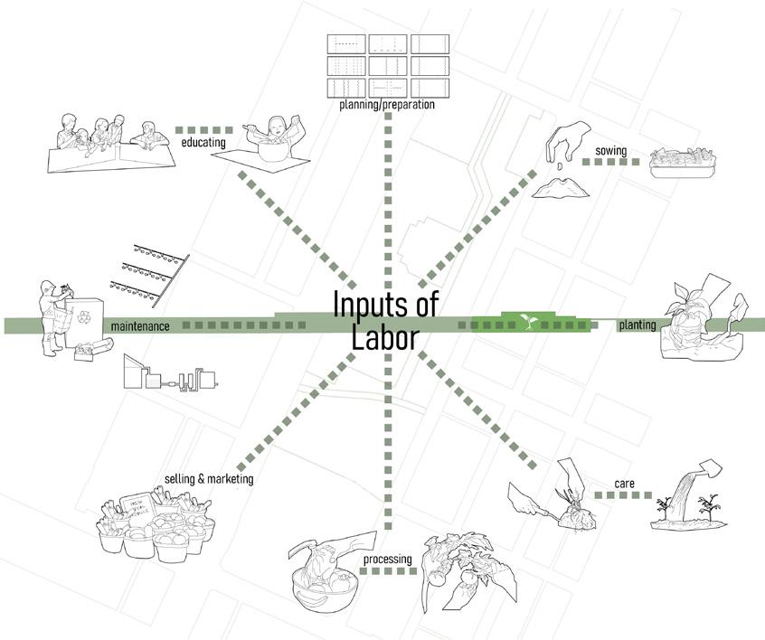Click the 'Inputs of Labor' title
384,320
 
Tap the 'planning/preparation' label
387,105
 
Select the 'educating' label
203,142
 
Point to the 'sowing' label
611,150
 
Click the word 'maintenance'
140,325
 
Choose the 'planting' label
637,325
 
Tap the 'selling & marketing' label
208,478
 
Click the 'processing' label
387,560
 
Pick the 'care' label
624,485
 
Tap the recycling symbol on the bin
85,317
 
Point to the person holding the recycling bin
52,312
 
